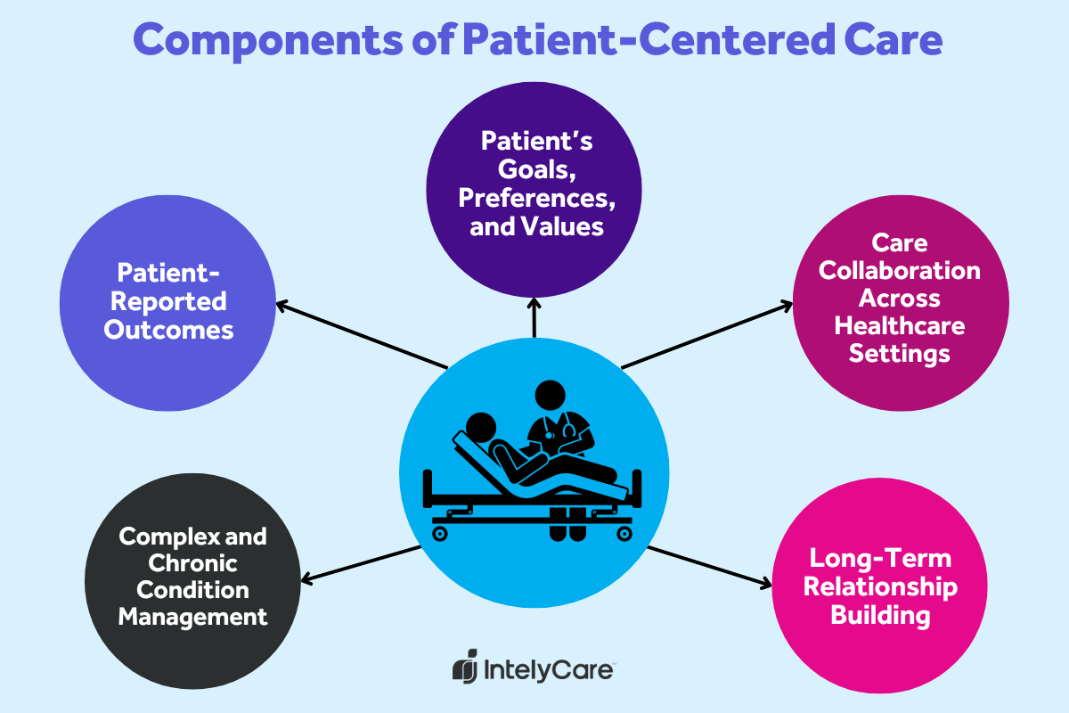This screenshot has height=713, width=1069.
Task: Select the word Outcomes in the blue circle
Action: click(x=168, y=329)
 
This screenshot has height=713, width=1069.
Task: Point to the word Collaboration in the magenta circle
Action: click(x=900, y=270)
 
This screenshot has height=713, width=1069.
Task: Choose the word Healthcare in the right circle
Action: click(x=900, y=325)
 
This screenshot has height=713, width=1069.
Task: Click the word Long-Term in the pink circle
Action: click(x=880, y=558)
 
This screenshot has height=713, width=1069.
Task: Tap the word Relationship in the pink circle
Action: click(x=880, y=586)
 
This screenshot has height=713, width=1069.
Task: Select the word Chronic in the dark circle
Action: click(x=193, y=563)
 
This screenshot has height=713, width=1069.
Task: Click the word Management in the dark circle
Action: click(x=193, y=616)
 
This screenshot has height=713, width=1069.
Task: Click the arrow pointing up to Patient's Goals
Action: click(x=534, y=316)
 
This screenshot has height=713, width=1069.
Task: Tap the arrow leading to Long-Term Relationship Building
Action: click(x=708, y=566)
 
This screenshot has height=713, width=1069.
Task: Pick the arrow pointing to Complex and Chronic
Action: click(x=361, y=563)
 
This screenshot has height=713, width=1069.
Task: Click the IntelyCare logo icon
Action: click(x=465, y=668)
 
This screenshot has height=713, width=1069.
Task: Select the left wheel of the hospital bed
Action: click(x=439, y=533)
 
